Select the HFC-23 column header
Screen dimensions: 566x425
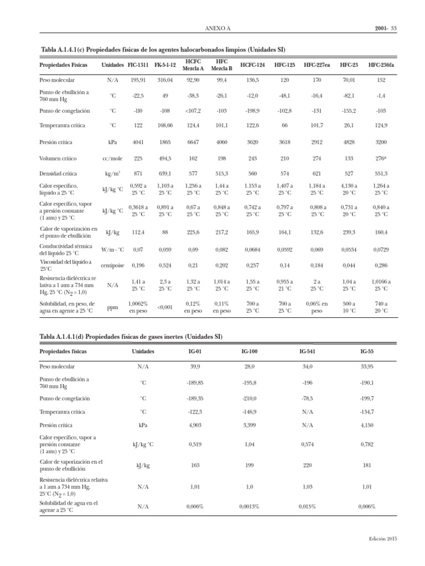pyautogui.click(x=349, y=65)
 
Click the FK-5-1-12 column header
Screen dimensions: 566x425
pyautogui.click(x=165, y=65)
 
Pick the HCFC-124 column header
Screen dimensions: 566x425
pyautogui.click(x=252, y=65)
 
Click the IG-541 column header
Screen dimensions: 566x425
pyautogui.click(x=307, y=351)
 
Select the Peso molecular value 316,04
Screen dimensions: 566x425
pyautogui.click(x=165, y=80)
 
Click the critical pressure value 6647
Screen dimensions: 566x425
pyautogui.click(x=193, y=142)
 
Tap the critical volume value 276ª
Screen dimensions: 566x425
pyautogui.click(x=381, y=158)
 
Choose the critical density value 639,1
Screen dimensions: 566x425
pyautogui.click(x=165, y=173)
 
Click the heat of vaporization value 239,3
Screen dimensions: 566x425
pyautogui.click(x=349, y=232)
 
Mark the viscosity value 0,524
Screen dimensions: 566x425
pyautogui.click(x=165, y=264)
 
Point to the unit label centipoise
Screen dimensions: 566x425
pyautogui.click(x=112, y=264)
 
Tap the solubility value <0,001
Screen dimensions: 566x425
pyautogui.click(x=165, y=307)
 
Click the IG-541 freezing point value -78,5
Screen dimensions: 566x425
pyautogui.click(x=307, y=397)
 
